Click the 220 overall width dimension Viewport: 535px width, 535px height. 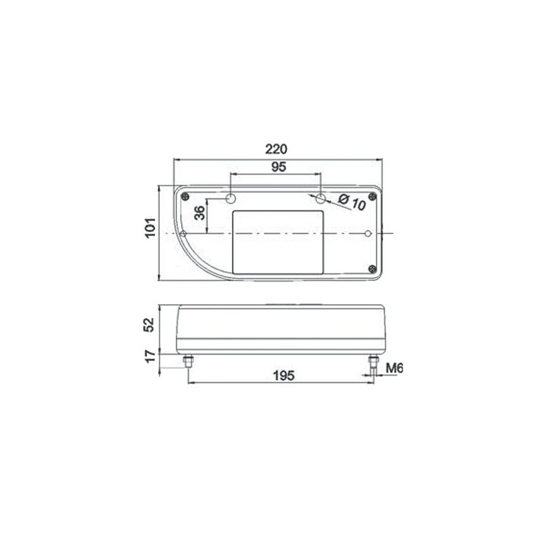278,149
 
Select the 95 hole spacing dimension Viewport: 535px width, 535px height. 278,167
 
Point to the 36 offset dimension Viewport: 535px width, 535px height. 199,214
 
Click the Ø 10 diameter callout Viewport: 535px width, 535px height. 352,203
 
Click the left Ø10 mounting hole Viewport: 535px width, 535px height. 231,199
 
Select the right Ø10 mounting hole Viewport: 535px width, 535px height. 322,199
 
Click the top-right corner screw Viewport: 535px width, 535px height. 372,197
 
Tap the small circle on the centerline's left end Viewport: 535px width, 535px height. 183,233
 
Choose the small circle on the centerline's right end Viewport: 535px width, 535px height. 369,233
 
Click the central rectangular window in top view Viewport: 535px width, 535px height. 278,241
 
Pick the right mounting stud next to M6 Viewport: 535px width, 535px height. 372,363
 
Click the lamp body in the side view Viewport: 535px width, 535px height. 281,328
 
